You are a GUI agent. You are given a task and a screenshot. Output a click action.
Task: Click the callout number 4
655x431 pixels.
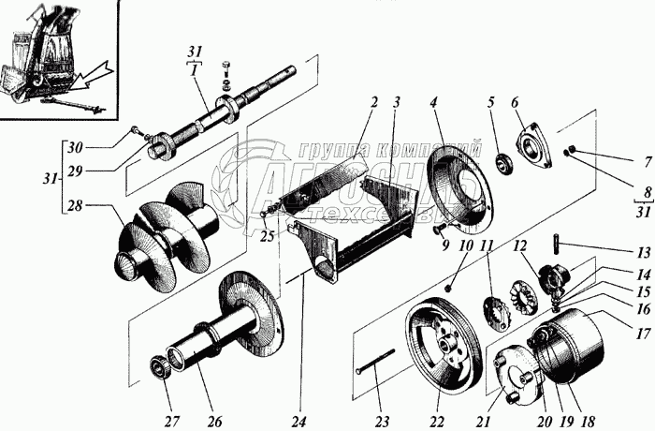(433, 101)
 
